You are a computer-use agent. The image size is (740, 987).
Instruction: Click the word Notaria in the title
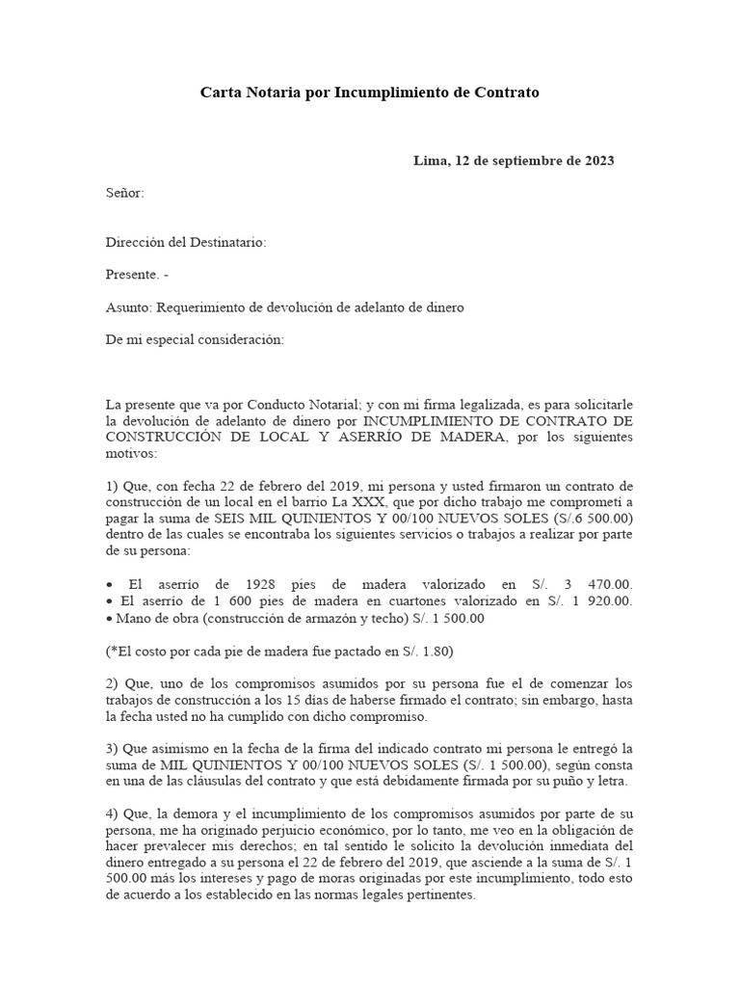click(x=276, y=93)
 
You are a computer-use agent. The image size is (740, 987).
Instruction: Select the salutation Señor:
click(x=124, y=193)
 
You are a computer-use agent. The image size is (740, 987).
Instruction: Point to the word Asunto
click(x=129, y=307)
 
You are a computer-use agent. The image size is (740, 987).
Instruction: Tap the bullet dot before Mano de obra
click(x=110, y=618)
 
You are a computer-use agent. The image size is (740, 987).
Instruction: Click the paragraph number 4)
click(x=113, y=813)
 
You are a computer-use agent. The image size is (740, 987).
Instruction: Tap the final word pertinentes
click(x=439, y=894)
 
